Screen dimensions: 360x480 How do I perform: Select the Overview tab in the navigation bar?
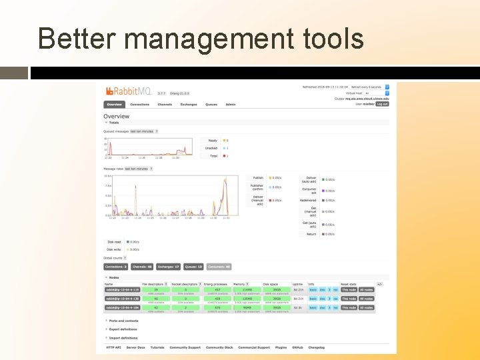[113, 105]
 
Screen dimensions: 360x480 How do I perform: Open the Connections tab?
[140, 105]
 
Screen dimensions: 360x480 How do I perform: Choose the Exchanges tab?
[188, 105]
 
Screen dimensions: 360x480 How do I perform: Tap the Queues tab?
[211, 105]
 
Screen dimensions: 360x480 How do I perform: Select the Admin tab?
[230, 105]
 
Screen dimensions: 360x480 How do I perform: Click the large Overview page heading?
[117, 117]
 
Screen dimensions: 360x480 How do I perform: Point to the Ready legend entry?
[213, 141]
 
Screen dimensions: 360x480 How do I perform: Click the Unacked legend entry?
[212, 148]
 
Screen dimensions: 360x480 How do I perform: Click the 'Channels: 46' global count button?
[142, 267]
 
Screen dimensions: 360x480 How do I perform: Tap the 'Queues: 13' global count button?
[193, 267]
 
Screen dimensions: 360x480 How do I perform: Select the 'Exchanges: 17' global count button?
[168, 267]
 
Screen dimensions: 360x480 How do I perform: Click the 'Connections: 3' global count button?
[116, 267]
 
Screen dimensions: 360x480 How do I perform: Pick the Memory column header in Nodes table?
[239, 284]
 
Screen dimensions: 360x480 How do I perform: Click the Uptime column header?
[297, 284]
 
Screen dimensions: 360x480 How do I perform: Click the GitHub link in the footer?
[298, 347]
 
